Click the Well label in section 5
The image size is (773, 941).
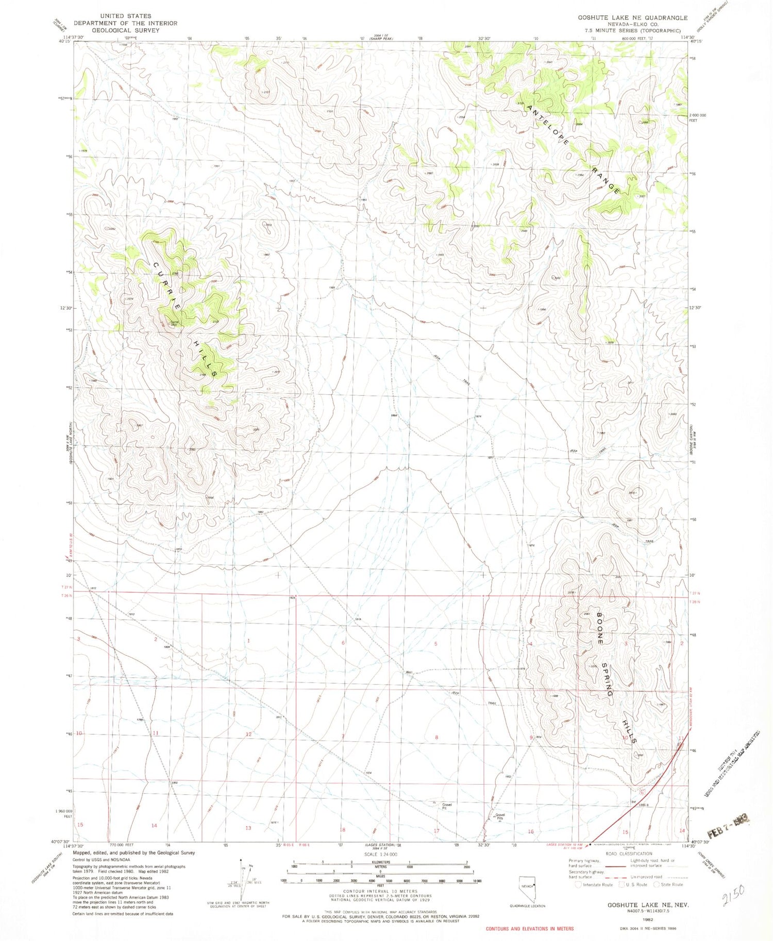[409, 672]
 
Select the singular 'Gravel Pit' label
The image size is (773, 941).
[446, 806]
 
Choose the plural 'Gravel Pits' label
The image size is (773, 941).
[500, 816]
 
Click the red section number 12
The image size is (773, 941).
[248, 734]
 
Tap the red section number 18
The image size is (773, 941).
[342, 830]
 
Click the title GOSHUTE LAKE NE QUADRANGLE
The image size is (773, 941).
[632, 18]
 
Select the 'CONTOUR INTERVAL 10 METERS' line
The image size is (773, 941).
[380, 891]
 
